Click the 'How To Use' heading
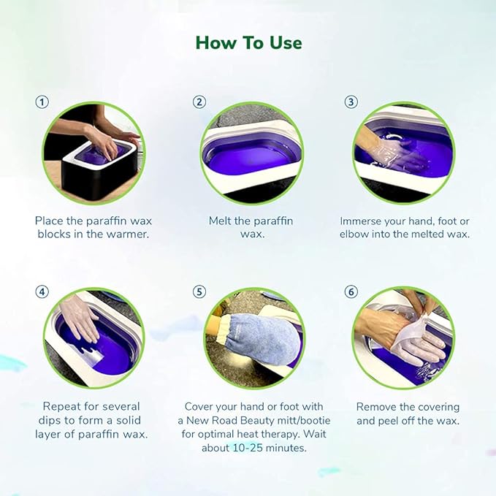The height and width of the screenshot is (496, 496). [x=248, y=43]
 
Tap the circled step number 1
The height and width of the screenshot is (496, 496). [x=42, y=102]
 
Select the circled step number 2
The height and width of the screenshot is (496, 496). [x=199, y=102]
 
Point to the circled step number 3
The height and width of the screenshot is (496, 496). [x=351, y=102]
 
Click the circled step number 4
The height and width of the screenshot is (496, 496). [x=42, y=291]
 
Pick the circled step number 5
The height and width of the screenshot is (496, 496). [x=199, y=291]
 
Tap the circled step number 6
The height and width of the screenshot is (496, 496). [x=351, y=291]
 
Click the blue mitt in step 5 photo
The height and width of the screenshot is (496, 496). [x=253, y=335]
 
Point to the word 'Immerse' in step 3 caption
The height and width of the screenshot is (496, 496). [x=363, y=221]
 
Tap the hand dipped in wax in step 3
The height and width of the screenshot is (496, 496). [x=398, y=157]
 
